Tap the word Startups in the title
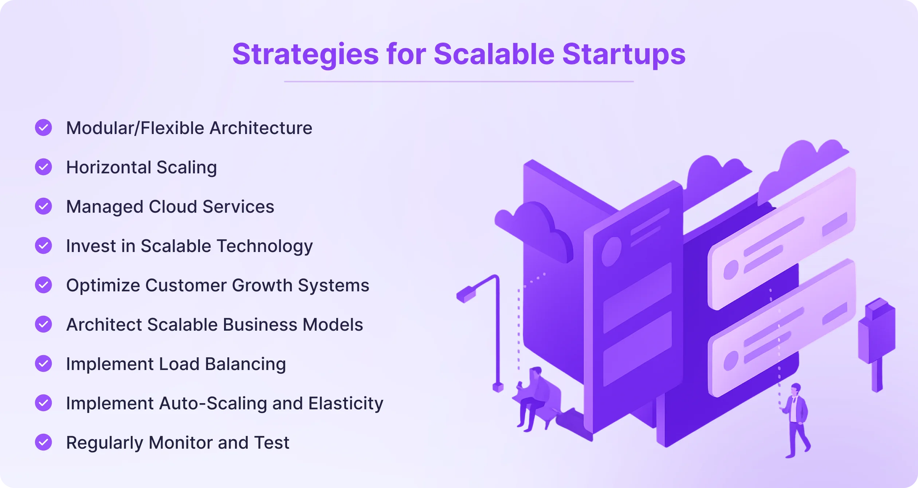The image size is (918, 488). coord(624,55)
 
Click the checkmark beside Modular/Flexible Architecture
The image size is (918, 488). coord(43,127)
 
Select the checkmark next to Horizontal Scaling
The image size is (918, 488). coord(43,167)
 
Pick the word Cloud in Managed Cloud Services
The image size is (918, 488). coord(173,206)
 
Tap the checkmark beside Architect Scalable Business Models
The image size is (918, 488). coord(43,324)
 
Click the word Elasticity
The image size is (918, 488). coord(346,403)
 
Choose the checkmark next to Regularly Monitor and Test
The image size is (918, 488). coord(43,442)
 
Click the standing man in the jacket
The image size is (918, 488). coord(796,419)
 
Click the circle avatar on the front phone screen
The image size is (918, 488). coord(611,251)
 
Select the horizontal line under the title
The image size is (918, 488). coord(459,82)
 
